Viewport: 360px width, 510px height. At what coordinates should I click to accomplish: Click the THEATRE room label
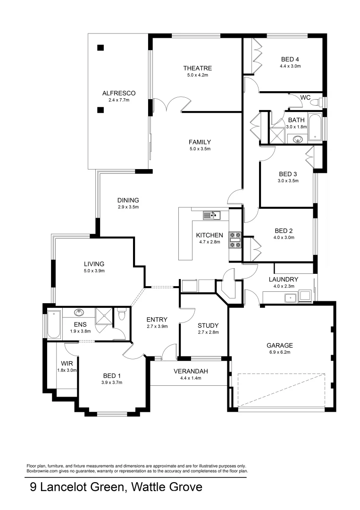198,68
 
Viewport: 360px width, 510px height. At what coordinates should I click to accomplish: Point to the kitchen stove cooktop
235,239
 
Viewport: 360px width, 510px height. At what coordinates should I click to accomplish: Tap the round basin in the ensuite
79,313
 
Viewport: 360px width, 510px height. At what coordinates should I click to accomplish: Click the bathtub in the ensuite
54,325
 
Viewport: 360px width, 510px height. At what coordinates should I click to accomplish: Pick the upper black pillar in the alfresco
100,47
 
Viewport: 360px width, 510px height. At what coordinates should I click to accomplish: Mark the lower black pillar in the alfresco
100,110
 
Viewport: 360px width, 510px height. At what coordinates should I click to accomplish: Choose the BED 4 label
290,59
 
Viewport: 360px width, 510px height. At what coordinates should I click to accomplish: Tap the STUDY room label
208,325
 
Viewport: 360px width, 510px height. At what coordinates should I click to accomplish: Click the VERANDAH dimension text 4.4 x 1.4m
191,378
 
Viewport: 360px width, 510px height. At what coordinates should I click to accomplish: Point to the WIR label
66,364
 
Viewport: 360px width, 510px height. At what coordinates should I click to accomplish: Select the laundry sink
289,297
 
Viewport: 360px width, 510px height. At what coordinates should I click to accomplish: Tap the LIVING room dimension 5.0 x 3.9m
94,271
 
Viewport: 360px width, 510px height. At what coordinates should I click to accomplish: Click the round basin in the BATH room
298,139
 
